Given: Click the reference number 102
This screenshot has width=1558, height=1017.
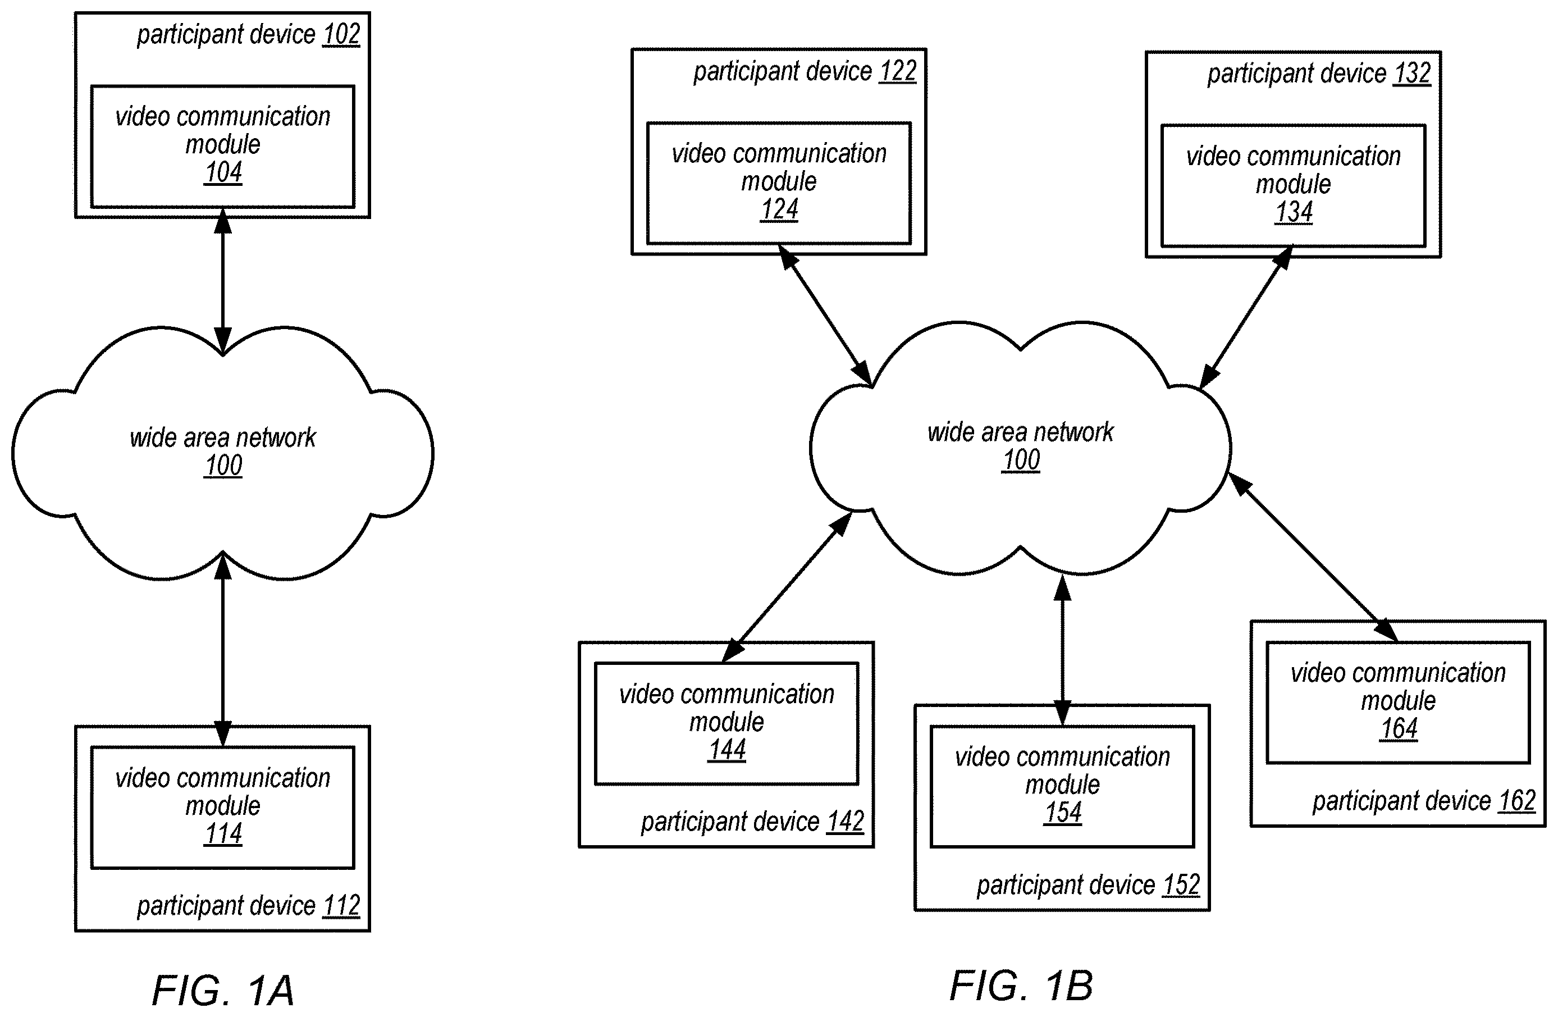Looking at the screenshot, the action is pos(341,35).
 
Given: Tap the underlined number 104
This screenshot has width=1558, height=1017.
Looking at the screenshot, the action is pos(223,173).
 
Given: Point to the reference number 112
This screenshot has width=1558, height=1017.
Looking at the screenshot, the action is pos(341,906).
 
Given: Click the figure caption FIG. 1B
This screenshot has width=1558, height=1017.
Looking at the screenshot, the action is pos(1021,986).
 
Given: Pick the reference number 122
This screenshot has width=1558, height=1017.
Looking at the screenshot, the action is pos(898,71).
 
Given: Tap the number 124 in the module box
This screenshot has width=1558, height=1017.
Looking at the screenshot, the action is pos(779,209).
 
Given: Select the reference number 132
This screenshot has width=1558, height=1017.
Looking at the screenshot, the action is pos(1412,74).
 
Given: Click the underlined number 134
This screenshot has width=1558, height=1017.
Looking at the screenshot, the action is pos(1294,212).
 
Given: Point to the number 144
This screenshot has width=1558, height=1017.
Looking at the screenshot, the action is pos(727,750).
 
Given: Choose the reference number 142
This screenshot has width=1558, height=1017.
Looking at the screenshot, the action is pos(845,821).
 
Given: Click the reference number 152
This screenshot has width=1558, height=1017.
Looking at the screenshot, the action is pos(1181,884).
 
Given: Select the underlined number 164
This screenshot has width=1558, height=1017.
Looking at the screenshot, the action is pos(1399,729).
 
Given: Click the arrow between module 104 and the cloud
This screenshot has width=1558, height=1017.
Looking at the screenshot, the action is pos(223,281).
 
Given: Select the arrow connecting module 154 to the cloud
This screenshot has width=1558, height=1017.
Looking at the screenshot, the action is pos(1062,650).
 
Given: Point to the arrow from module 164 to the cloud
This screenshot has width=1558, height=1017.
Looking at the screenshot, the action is pos(1313,557).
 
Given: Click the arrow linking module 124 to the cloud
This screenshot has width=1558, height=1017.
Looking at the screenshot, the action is pos(825,315).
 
